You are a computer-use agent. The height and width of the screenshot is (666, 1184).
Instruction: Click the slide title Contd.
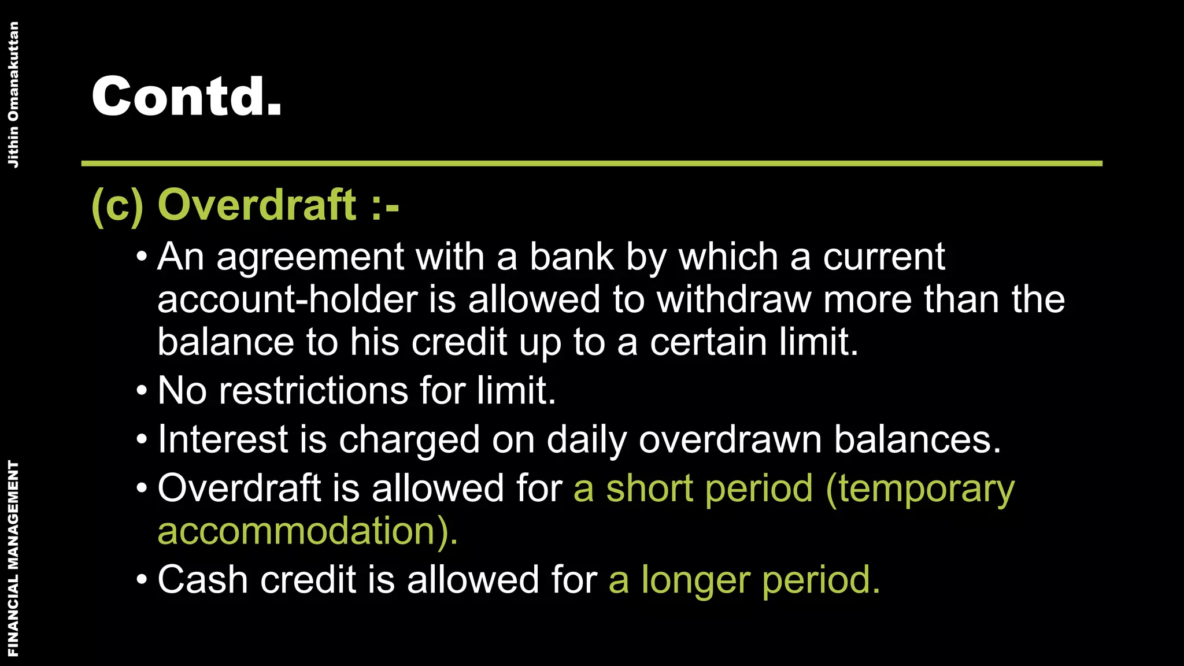tap(186, 96)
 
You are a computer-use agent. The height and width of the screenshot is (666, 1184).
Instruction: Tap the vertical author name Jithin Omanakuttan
tap(13, 95)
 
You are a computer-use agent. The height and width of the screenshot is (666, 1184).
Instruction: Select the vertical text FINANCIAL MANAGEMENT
tap(13, 558)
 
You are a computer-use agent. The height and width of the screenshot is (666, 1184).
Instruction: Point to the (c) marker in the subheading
tap(117, 206)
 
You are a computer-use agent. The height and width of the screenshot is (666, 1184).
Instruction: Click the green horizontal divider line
tap(591, 164)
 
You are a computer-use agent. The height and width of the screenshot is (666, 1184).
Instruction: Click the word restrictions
tap(313, 391)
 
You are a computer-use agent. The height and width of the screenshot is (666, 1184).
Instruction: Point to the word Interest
tap(223, 439)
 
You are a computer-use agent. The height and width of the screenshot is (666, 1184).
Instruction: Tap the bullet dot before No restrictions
tap(142, 391)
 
